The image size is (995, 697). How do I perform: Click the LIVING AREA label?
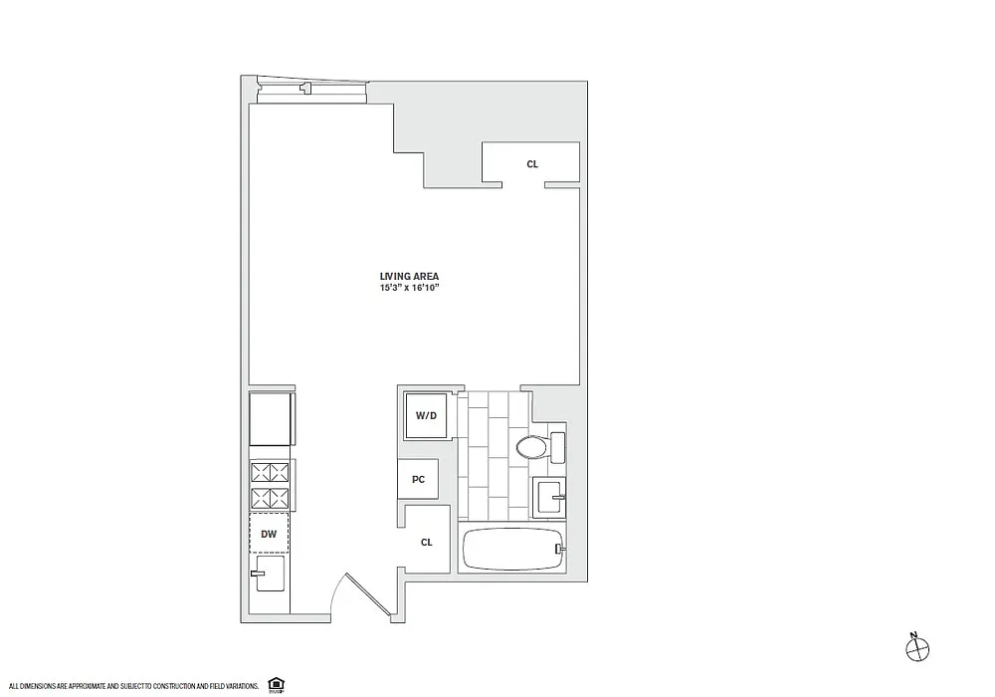409,276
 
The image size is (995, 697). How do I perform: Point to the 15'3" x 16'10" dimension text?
409,288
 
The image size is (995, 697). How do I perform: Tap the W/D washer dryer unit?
426,416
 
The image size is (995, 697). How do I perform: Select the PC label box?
418,479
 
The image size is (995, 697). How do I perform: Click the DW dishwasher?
269,534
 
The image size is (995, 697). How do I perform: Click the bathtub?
514,549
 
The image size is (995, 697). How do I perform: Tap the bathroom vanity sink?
549,497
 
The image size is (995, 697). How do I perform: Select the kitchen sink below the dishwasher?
269,574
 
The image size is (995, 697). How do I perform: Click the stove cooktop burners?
270,484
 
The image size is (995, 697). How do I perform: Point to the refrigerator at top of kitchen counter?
271,419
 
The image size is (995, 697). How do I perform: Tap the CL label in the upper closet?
532,164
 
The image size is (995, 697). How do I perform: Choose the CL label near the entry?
427,542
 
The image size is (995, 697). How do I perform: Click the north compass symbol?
916,648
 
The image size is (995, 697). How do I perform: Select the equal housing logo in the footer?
276,684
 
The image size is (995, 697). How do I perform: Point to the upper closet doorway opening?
523,185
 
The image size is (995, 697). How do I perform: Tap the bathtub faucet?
559,549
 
